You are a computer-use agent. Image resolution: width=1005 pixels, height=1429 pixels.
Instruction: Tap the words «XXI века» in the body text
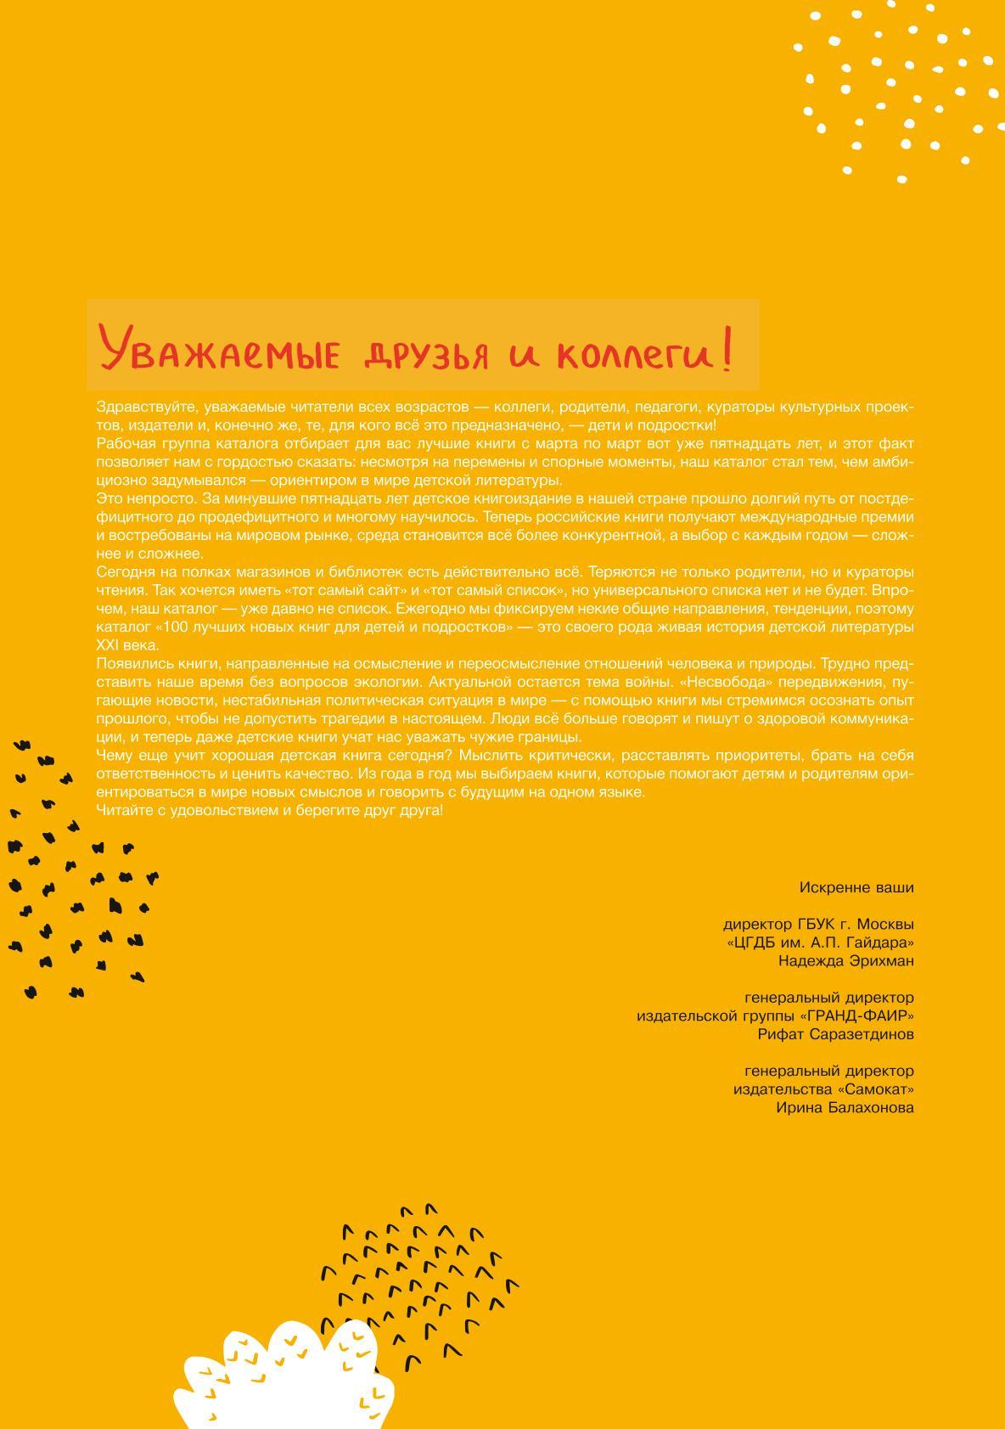[128, 645]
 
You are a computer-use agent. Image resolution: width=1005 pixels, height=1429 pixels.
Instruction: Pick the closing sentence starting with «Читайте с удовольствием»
[269, 810]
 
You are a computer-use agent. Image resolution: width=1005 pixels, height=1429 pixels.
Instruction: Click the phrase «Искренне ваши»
[856, 887]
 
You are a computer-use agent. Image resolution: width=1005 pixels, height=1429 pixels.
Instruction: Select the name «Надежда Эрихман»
[845, 961]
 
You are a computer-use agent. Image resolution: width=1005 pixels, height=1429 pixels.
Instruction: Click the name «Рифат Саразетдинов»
[835, 1034]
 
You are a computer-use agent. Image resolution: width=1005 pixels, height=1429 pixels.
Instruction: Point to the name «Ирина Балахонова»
[845, 1108]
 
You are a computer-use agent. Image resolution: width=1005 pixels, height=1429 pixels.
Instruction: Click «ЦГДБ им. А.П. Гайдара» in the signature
[820, 942]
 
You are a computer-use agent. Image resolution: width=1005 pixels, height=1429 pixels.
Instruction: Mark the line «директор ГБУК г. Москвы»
[818, 924]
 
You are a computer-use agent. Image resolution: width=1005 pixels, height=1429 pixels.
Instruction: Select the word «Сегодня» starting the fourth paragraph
[123, 571]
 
